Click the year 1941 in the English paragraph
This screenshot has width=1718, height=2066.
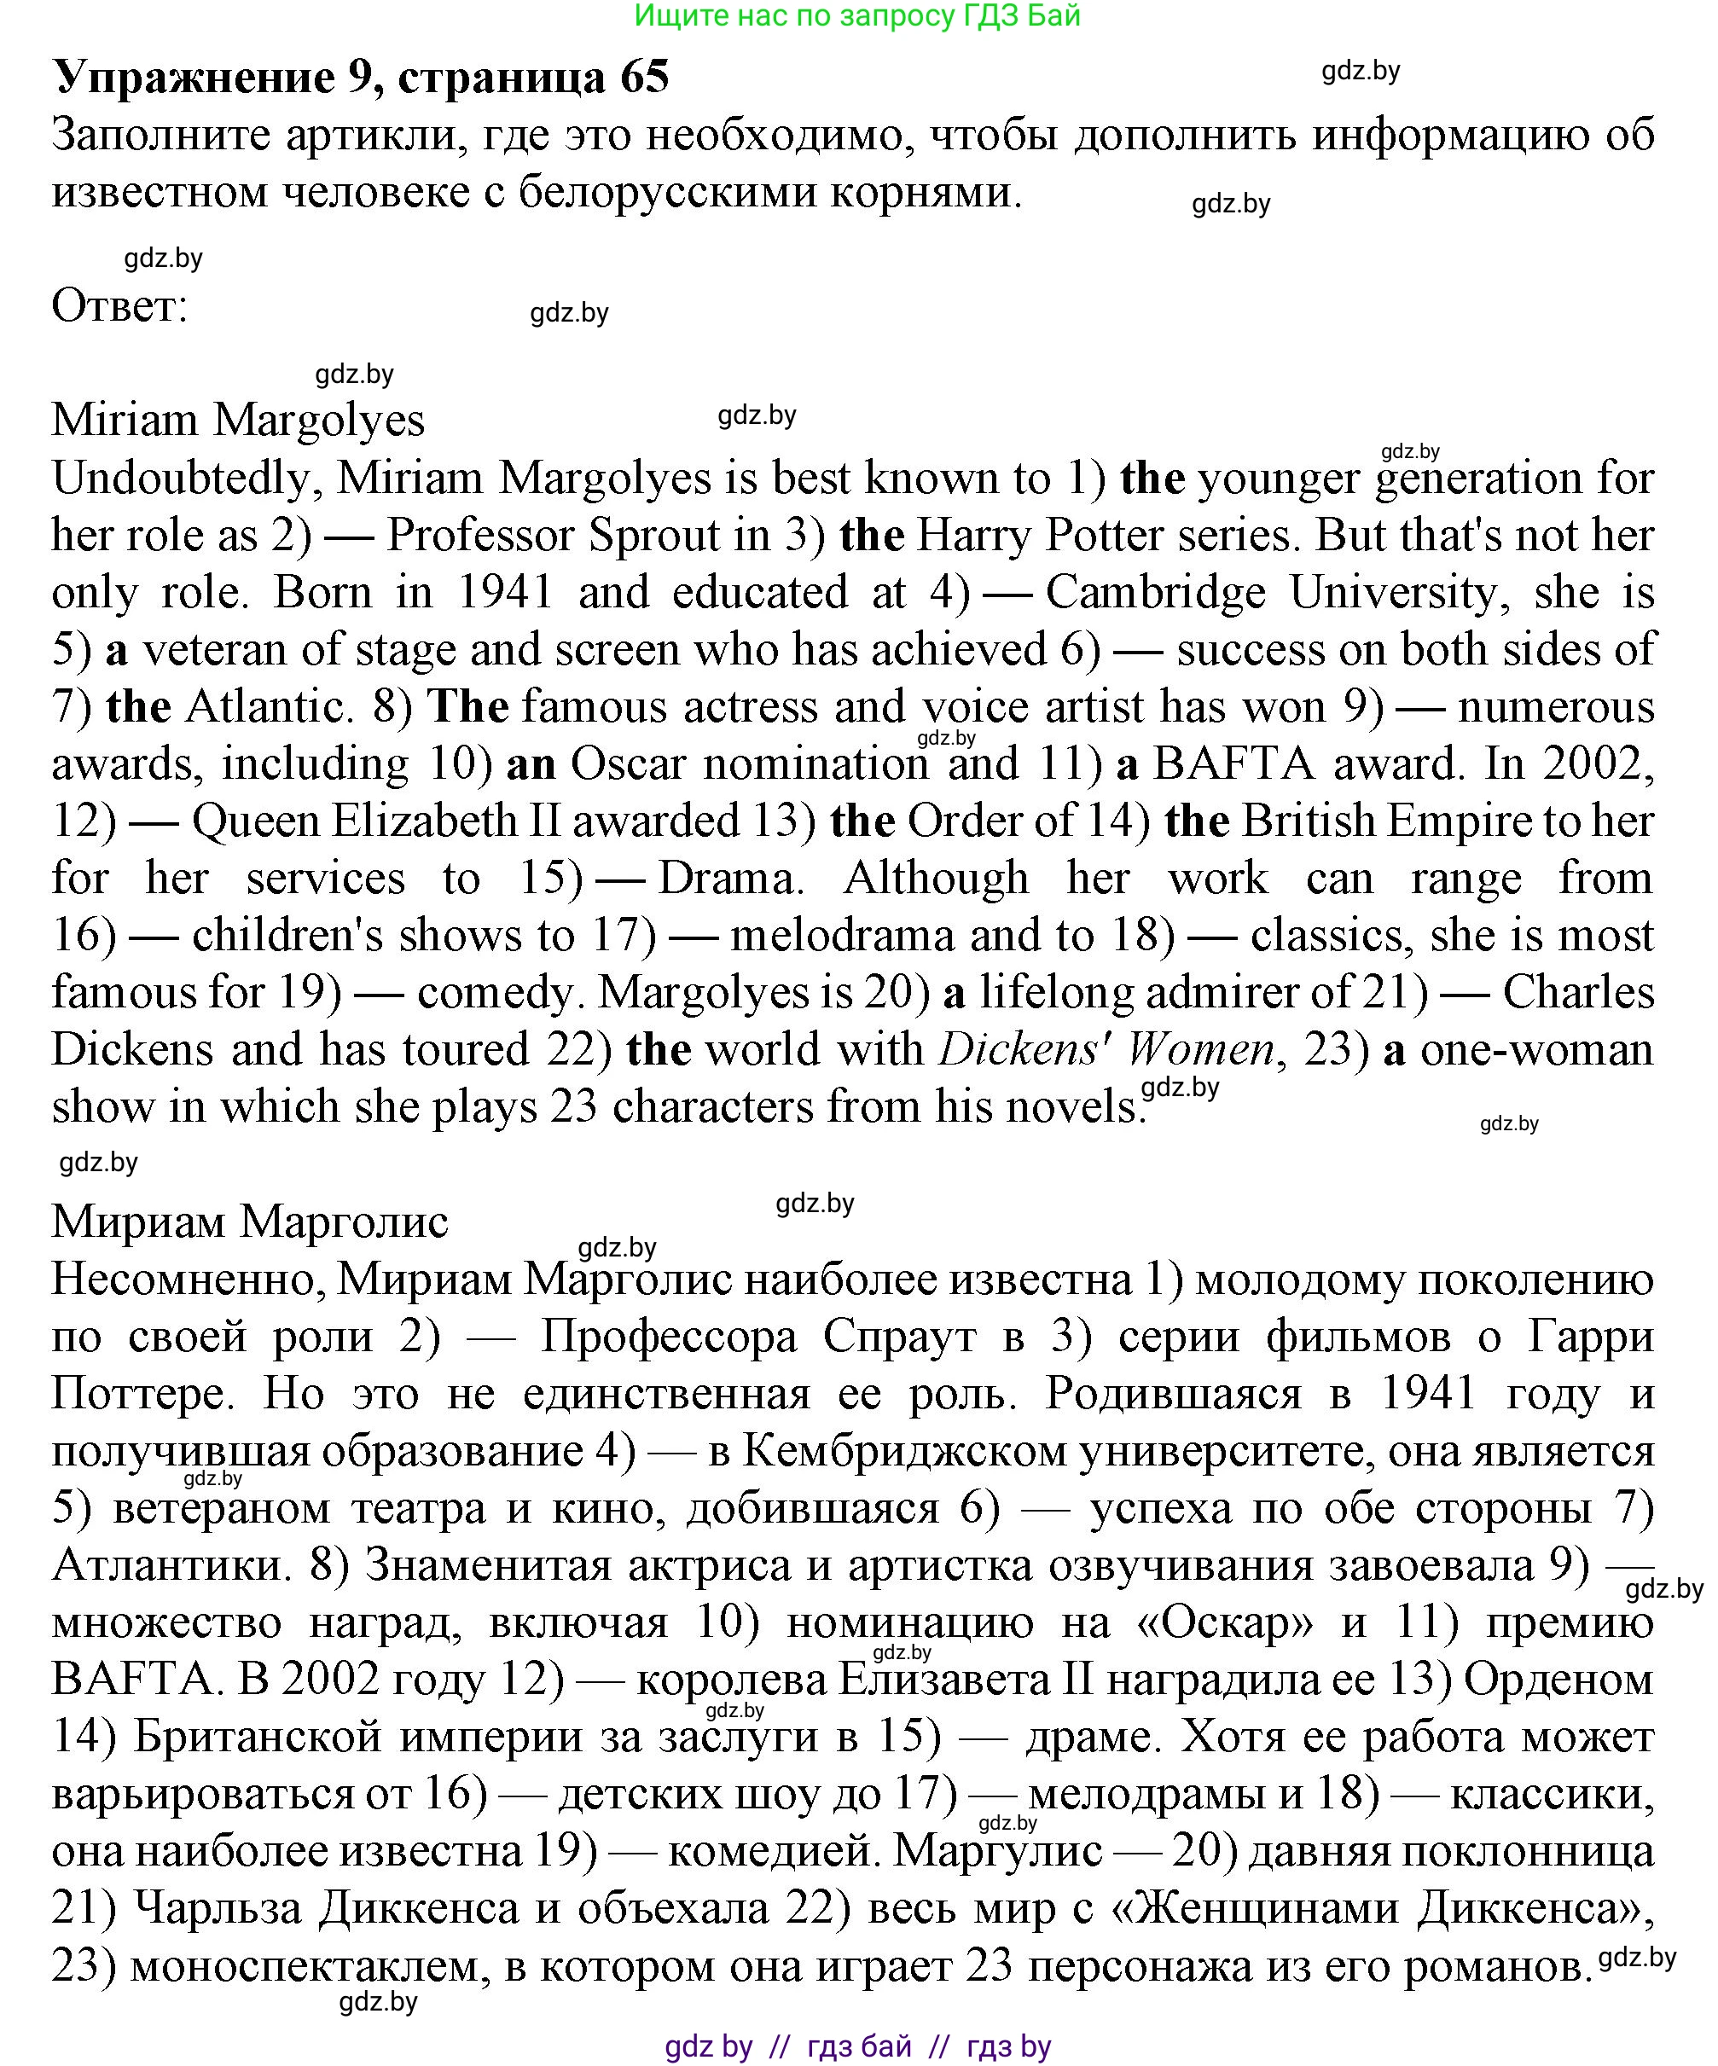506,593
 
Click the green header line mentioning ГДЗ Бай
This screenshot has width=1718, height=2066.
857,15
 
